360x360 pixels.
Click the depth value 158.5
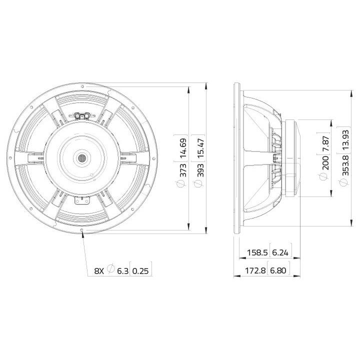257,253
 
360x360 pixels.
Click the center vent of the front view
82,157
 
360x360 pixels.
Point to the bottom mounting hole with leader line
82,230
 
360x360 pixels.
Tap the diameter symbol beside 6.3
111,270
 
